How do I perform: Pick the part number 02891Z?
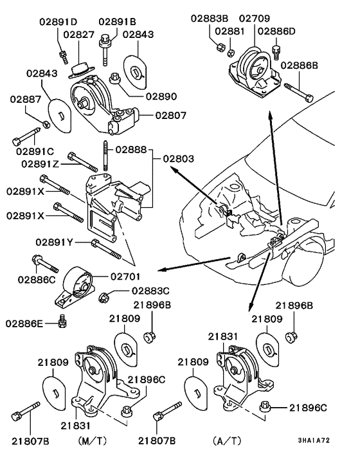40,163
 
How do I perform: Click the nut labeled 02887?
48,123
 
